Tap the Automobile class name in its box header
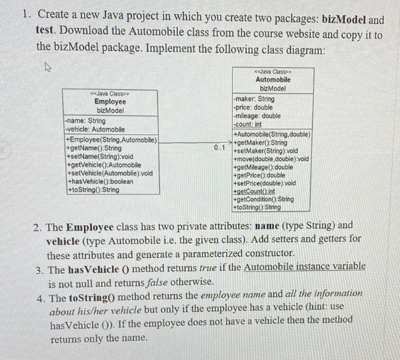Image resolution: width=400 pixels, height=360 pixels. point(272,80)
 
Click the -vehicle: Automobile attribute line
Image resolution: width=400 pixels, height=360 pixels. point(95,129)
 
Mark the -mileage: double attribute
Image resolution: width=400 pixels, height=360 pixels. point(256,116)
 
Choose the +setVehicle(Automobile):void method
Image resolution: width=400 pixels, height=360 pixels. point(108,173)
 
